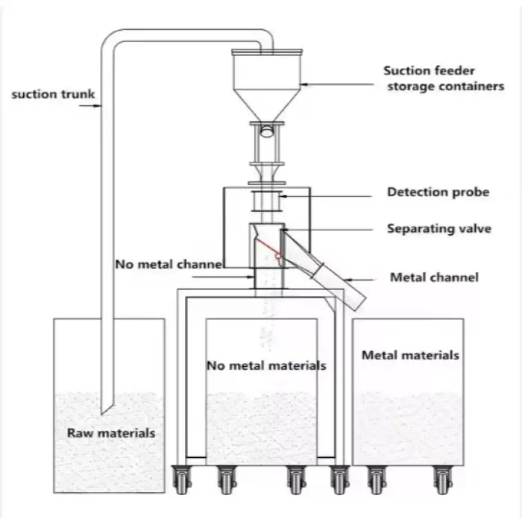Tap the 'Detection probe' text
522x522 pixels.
coord(438,192)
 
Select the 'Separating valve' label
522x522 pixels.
coord(438,228)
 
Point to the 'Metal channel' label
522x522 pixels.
coord(435,277)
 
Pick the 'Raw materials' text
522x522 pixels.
coord(111,433)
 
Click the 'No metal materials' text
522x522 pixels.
coord(265,366)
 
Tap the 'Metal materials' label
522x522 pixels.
coord(410,356)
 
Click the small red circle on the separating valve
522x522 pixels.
coord(277,257)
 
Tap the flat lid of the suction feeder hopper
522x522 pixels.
coord(266,52)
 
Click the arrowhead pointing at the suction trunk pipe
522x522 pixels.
coord(98,106)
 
